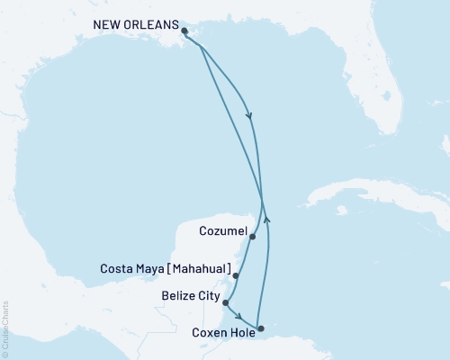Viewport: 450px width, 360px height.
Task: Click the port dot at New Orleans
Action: click(184, 31)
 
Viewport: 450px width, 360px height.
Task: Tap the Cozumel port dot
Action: click(253, 238)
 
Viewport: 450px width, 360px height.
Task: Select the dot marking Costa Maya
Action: click(235, 276)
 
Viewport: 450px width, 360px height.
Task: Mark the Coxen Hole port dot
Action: click(260, 328)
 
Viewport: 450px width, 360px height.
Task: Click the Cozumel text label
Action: click(221, 230)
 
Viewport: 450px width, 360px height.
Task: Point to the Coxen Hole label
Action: click(221, 332)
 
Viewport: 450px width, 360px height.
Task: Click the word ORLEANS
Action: click(148, 27)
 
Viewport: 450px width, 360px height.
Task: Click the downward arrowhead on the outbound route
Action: click(249, 115)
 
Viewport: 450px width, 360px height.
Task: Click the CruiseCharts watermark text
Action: click(5, 325)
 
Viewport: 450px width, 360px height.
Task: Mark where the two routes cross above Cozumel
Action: click(262, 200)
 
